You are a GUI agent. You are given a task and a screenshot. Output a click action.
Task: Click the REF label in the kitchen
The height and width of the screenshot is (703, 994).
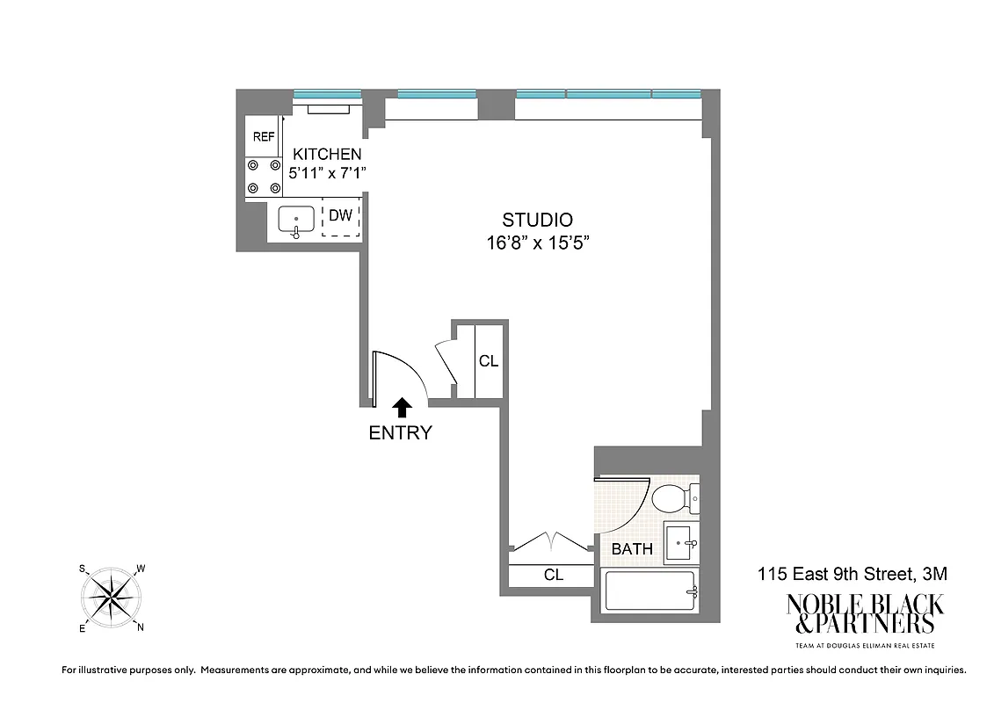[x=264, y=137]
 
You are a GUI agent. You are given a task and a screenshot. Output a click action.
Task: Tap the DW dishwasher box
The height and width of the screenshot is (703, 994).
[x=340, y=219]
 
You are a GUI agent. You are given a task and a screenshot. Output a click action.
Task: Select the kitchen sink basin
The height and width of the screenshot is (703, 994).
[x=297, y=219]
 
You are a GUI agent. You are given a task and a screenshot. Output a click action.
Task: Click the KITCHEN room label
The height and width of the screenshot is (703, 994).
[x=327, y=154]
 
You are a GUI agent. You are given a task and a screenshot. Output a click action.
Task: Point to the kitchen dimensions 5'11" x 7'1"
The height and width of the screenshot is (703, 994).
[x=327, y=173]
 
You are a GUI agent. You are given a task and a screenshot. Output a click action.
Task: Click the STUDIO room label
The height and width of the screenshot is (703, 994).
[x=537, y=220]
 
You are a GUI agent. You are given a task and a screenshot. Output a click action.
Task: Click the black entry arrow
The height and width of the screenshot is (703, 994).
[x=402, y=406]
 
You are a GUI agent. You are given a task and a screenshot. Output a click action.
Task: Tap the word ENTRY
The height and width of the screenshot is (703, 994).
[x=401, y=432]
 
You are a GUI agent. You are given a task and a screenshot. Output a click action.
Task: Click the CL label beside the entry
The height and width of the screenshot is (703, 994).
[x=489, y=361]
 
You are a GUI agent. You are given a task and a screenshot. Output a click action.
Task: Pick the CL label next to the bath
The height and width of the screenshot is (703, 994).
[x=553, y=576]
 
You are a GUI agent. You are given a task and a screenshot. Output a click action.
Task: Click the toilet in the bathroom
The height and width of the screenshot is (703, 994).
[x=673, y=498]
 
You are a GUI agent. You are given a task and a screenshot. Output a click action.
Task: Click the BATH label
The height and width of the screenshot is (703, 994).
[x=632, y=549]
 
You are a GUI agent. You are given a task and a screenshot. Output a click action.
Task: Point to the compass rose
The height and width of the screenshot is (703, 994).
[x=112, y=598]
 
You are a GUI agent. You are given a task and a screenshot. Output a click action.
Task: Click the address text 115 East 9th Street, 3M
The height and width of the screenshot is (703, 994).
[x=853, y=575]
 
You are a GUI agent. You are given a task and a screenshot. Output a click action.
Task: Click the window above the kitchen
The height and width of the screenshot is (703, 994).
[x=327, y=93]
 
